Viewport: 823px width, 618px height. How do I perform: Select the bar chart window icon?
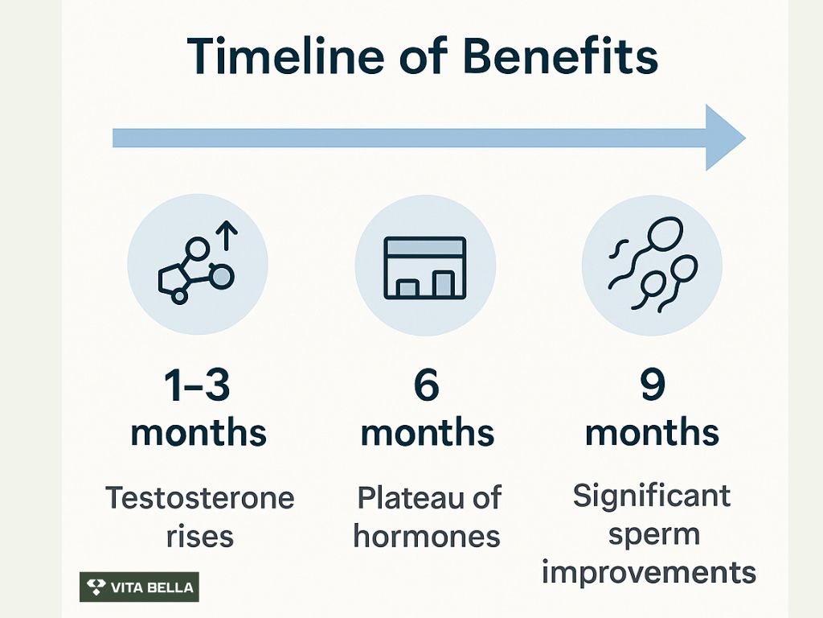(x=425, y=268)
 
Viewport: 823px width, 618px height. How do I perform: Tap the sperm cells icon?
(x=653, y=265)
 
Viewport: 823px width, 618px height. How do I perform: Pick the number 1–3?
(x=197, y=385)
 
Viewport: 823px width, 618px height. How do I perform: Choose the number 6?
(x=426, y=385)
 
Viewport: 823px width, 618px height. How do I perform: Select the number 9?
(x=653, y=385)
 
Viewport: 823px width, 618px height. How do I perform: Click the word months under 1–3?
(x=199, y=432)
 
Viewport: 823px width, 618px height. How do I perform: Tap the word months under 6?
(x=428, y=432)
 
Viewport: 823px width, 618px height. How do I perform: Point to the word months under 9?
(x=652, y=432)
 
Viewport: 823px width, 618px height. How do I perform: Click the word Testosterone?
(x=199, y=497)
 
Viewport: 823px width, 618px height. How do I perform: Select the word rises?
(x=199, y=537)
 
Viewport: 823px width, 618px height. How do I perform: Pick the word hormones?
(x=427, y=537)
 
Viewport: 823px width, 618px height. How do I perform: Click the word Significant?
(x=651, y=496)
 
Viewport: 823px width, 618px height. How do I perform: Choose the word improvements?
(x=649, y=572)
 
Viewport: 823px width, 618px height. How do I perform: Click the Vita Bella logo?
(x=139, y=587)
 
